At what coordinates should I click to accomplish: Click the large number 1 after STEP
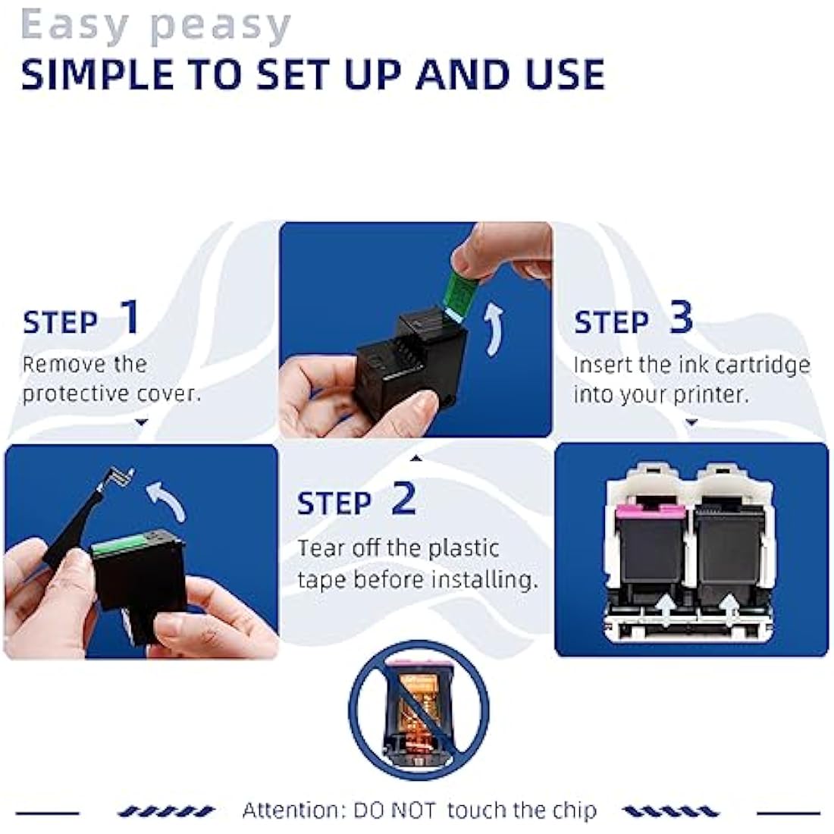[130, 318]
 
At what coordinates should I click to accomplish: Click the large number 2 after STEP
[403, 498]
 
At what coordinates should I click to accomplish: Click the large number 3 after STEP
[680, 318]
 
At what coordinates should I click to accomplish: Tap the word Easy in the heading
[74, 25]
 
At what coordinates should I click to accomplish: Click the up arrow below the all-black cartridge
[731, 610]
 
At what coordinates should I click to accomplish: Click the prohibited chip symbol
[419, 711]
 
